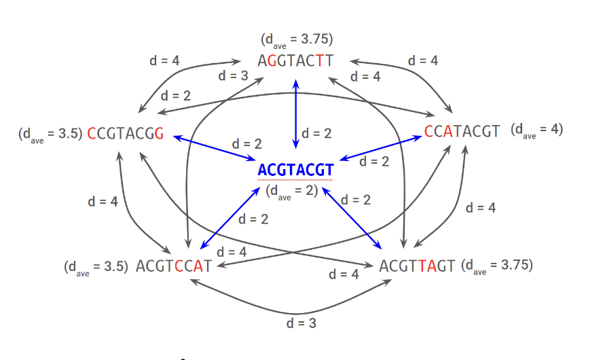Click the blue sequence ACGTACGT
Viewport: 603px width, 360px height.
coord(296,170)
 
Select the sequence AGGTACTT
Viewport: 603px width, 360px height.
coord(295,61)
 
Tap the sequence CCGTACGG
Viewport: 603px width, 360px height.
coord(126,132)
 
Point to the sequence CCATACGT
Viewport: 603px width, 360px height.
coord(462,131)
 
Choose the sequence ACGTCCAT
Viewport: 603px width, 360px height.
coord(174,266)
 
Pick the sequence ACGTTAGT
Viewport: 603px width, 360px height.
coord(417,266)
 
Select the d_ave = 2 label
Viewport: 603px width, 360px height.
coord(292,191)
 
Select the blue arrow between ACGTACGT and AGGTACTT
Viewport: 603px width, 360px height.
coord(295,112)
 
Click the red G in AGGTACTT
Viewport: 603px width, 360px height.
coord(272,61)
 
